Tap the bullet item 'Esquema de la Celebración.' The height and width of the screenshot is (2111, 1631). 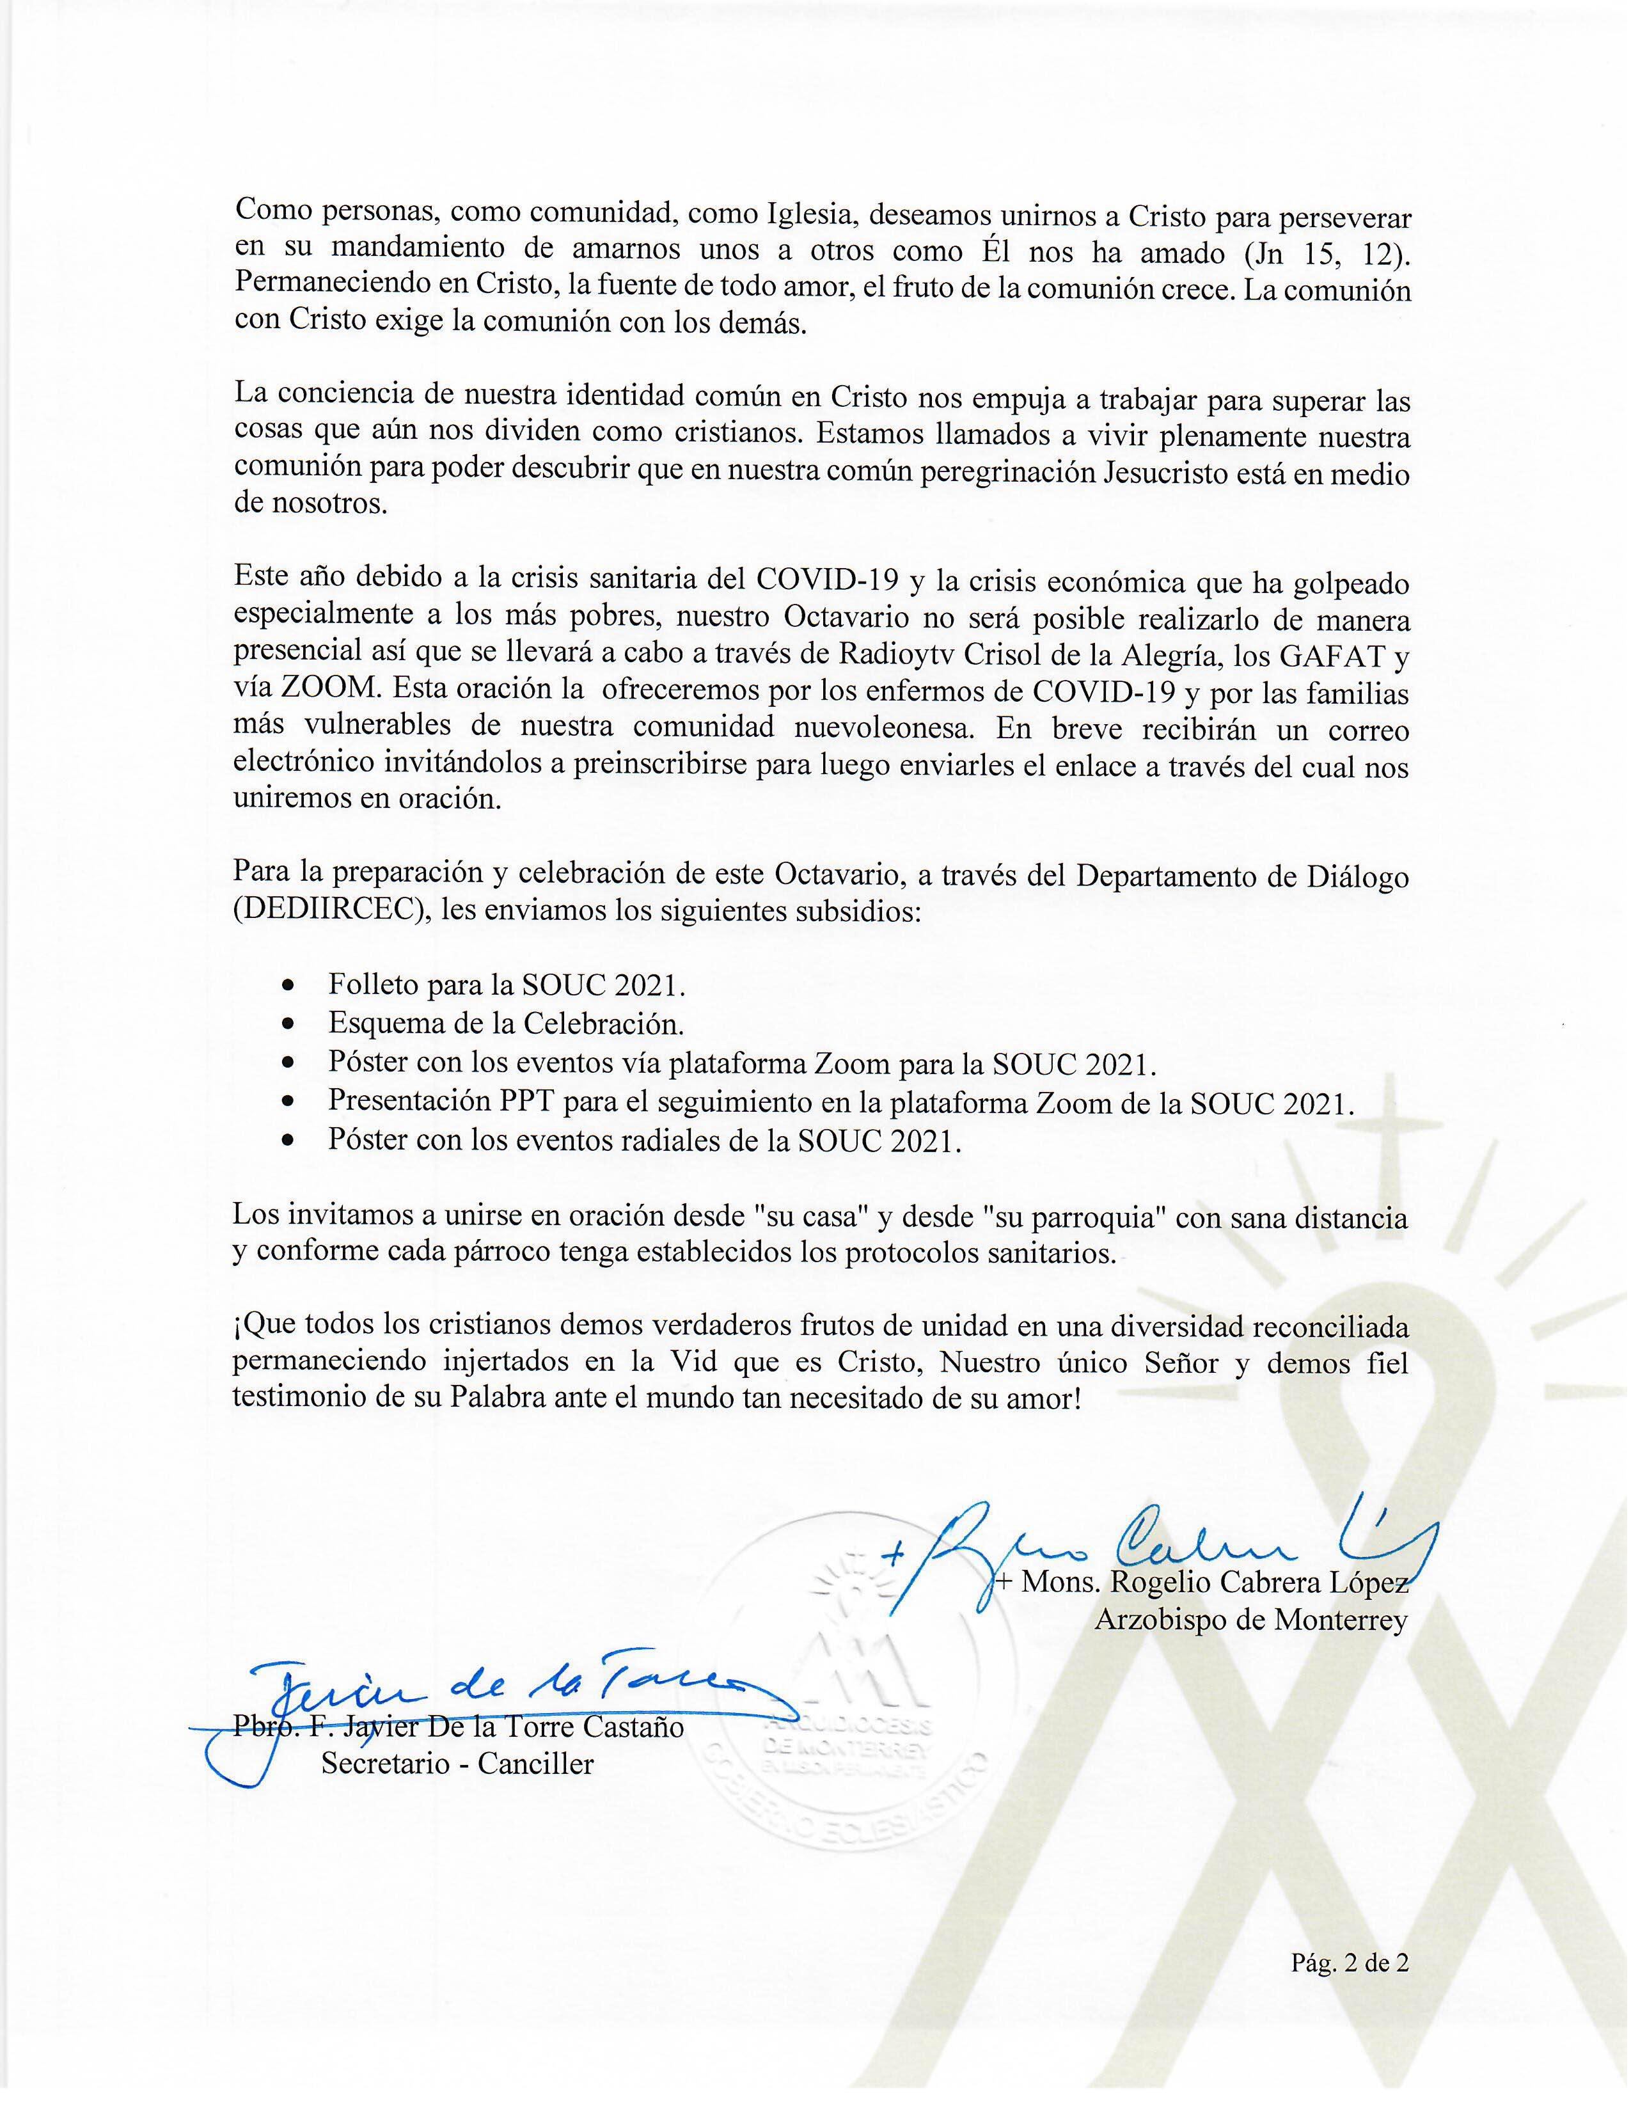click(x=505, y=1023)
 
